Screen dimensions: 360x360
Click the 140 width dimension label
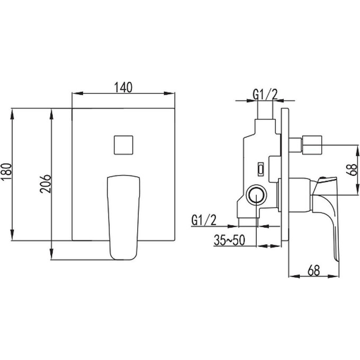pos(123,87)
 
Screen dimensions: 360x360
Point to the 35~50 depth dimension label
pos(229,240)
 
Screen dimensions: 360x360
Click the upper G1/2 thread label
pos(265,94)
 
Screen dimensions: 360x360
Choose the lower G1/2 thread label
pos(204,220)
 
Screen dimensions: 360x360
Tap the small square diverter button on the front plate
pos(123,145)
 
